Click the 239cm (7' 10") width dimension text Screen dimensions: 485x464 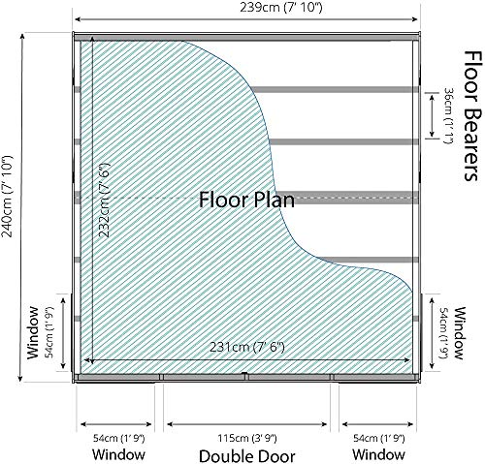coord(281,8)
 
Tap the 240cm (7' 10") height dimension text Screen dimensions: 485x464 coord(7,197)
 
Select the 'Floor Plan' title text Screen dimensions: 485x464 coord(246,200)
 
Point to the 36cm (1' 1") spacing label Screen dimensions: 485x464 coord(447,116)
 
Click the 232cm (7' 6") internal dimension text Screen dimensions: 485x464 coord(105,201)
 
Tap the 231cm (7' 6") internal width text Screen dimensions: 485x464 coord(247,348)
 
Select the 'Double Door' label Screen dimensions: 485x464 coord(247,456)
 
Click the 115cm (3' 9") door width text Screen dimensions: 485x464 coord(247,438)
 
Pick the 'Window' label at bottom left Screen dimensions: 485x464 coord(118,454)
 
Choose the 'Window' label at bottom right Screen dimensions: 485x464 coord(378,454)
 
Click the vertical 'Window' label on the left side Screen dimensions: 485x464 coord(33,333)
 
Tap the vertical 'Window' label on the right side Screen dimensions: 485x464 coord(461,333)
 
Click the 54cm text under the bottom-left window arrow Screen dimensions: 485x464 coord(118,438)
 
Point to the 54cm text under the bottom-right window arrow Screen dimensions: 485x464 coord(378,438)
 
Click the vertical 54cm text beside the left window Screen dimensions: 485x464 coord(50,332)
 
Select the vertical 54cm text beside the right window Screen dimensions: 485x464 coord(444,333)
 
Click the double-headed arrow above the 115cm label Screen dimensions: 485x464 coord(247,424)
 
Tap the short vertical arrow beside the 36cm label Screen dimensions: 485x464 coord(432,115)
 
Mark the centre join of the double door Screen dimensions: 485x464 coord(245,376)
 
